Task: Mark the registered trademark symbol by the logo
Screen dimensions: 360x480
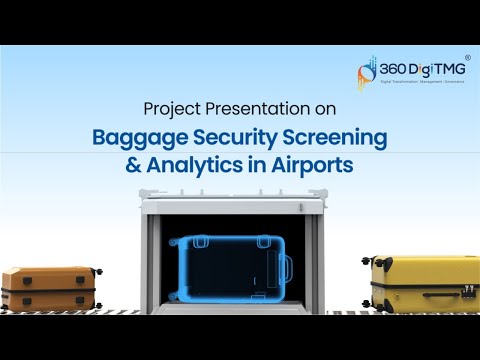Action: click(x=470, y=58)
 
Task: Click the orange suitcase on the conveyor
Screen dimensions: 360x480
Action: click(x=48, y=288)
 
